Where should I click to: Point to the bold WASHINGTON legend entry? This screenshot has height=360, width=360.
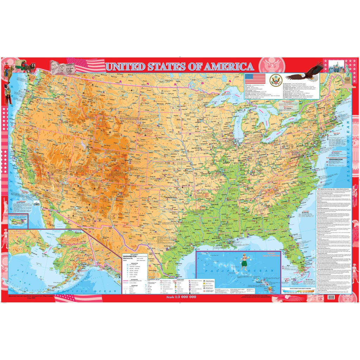tap(131, 257)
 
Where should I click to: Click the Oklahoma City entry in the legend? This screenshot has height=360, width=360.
tap(131, 259)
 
